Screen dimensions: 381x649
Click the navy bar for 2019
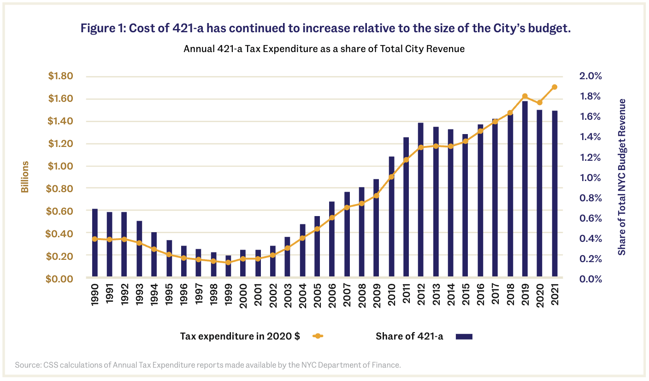[525, 189]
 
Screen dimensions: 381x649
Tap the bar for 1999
[228, 267]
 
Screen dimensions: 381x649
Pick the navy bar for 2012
[420, 200]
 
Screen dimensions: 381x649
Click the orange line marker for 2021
[555, 87]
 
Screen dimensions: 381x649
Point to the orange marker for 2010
[391, 176]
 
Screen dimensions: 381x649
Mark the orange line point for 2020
[540, 102]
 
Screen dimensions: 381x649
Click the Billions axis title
[25, 177]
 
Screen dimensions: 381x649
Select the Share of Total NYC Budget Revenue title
[622, 177]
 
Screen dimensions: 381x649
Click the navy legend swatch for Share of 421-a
[464, 336]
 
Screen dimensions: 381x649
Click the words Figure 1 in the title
[102, 28]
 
